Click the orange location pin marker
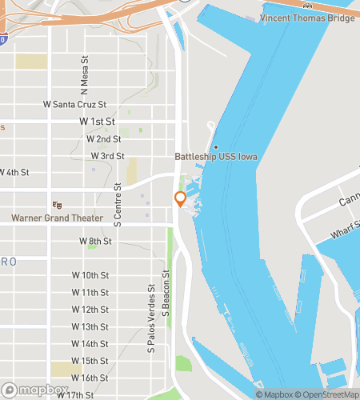(180, 199)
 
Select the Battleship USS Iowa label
(216, 157)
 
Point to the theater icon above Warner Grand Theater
(57, 205)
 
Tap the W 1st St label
(98, 122)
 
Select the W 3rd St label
(107, 156)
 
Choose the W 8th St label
(94, 241)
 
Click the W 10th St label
(90, 275)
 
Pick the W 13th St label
(90, 326)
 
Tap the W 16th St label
(90, 378)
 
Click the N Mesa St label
(84, 73)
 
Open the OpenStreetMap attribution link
(328, 394)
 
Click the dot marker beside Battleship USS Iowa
(215, 146)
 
